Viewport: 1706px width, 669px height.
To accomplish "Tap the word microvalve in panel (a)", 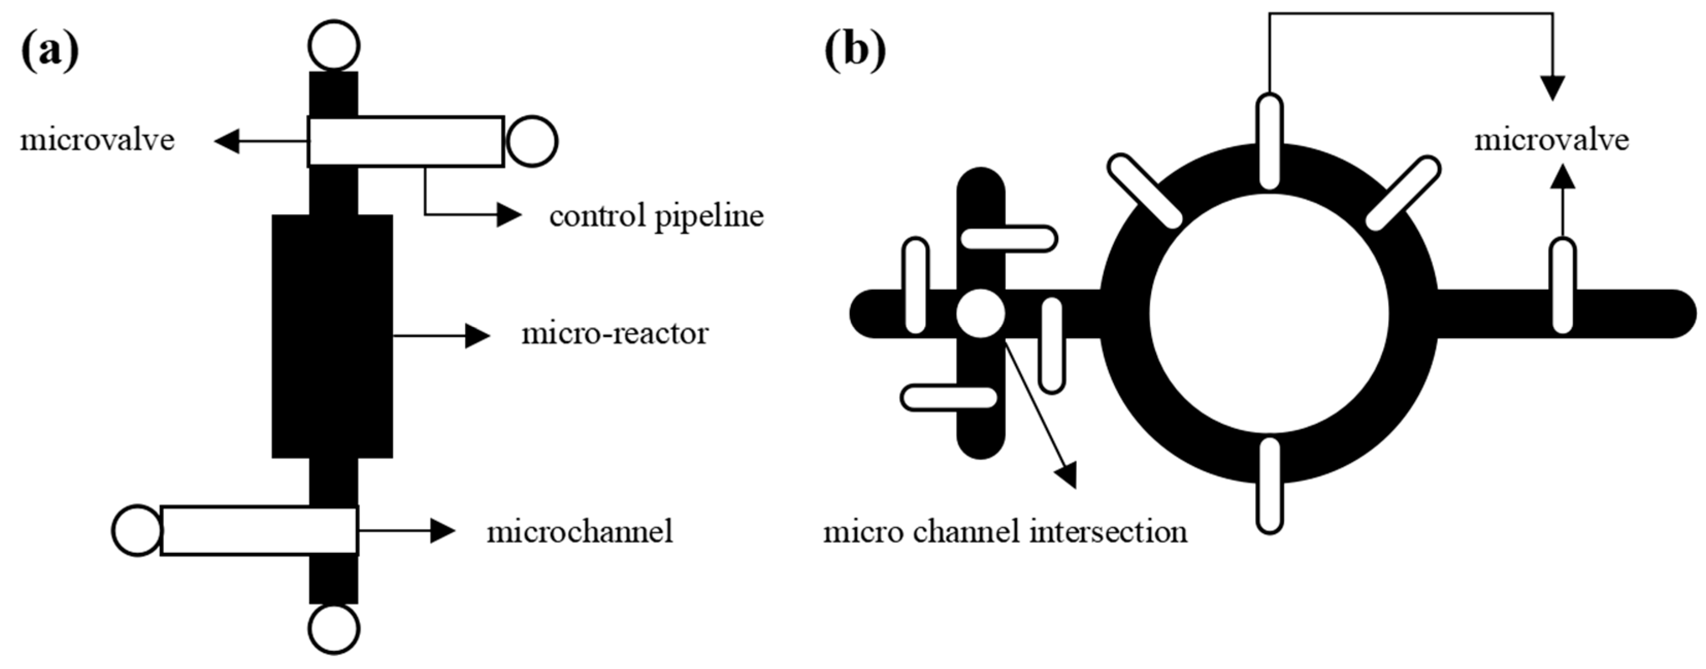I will click(97, 140).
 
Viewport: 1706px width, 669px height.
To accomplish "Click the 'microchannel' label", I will click(580, 531).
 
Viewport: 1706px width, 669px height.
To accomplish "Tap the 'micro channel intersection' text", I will click(1005, 532).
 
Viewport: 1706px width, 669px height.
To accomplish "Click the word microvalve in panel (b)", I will click(1551, 140).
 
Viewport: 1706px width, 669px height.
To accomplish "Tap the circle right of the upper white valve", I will click(532, 141).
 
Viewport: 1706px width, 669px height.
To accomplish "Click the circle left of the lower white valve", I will click(137, 531).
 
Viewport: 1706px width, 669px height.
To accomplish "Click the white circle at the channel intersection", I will click(981, 313).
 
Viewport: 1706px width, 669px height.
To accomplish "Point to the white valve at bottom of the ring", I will click(1270, 484).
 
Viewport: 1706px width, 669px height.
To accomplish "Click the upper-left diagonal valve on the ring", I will click(1145, 191).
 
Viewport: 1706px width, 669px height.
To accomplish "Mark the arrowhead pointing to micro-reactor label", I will click(477, 336).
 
